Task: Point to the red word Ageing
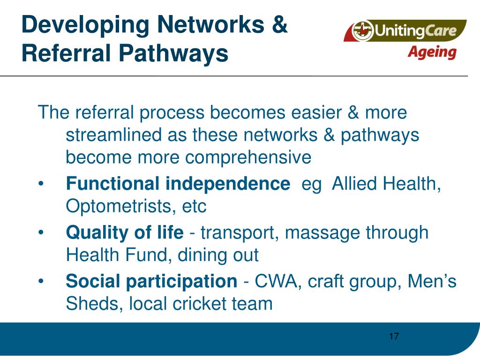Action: [431, 52]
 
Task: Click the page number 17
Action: [394, 336]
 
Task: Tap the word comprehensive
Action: [248, 157]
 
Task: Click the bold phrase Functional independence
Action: [178, 184]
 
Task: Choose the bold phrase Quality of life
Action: [125, 232]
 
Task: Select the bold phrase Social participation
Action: [151, 281]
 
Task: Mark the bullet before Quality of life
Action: [42, 232]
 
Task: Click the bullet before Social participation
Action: [42, 282]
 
